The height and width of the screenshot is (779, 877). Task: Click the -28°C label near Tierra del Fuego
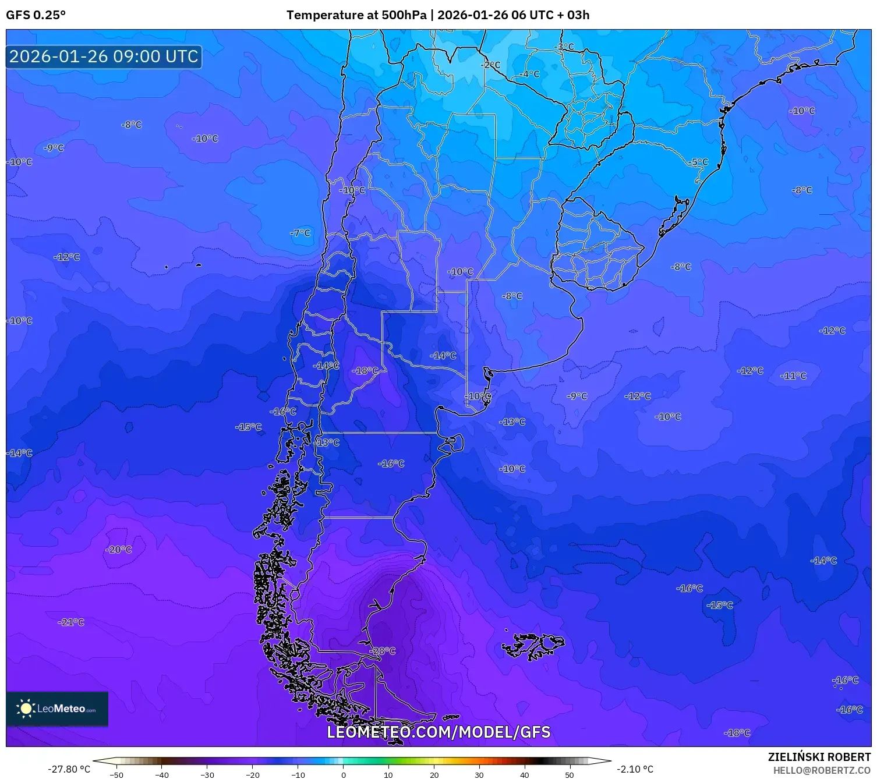(383, 651)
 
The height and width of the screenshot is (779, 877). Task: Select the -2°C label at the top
(490, 65)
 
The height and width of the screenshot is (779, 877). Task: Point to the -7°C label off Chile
(300, 233)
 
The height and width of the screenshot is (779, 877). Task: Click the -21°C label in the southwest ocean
(72, 622)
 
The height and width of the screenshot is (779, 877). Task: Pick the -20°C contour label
(119, 550)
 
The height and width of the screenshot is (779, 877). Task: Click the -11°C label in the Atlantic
(794, 376)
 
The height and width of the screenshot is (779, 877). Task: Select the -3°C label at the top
(564, 47)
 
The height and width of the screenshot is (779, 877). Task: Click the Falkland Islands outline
(533, 646)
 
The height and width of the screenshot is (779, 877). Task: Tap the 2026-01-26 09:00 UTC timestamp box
(104, 56)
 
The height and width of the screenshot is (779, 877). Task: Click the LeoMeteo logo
(57, 709)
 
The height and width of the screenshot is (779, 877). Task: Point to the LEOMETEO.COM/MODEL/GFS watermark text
(439, 732)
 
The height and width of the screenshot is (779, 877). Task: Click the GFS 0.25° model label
(36, 15)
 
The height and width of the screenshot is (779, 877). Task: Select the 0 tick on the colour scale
(343, 775)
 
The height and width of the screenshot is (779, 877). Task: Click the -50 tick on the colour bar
(116, 775)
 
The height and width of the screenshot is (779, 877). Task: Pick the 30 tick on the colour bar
(479, 775)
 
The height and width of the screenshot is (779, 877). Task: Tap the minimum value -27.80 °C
(69, 769)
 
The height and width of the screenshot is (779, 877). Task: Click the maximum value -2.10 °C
(635, 769)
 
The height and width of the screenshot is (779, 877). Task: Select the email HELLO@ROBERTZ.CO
(822, 770)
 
